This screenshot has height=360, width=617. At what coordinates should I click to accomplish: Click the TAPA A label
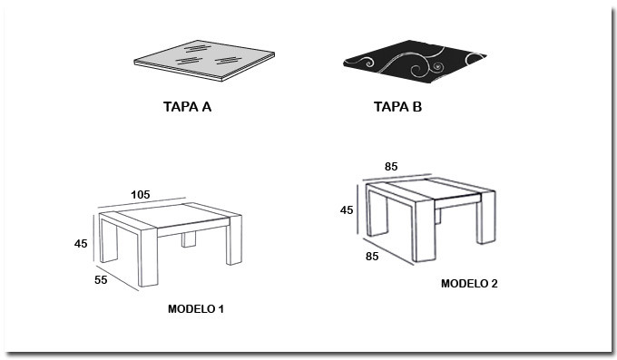tap(187, 107)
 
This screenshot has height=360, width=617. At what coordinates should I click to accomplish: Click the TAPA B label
tap(397, 107)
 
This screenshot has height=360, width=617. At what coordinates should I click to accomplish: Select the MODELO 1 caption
tap(196, 309)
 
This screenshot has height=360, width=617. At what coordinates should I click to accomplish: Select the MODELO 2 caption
tap(469, 283)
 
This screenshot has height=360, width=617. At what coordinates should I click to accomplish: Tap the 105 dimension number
tap(141, 195)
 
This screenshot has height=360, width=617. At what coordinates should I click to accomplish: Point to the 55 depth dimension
tap(101, 279)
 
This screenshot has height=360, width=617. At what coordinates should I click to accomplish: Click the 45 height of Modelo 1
tap(81, 244)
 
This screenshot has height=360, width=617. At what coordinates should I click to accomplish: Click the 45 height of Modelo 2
tap(347, 210)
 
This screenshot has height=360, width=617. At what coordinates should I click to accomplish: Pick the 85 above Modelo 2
tap(391, 167)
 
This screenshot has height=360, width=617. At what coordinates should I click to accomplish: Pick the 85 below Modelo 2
tap(372, 256)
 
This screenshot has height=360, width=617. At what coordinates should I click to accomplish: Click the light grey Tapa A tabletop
tap(204, 60)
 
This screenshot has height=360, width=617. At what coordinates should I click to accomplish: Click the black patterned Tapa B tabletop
tap(415, 61)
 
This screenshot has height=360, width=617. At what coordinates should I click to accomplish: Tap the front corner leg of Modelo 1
tap(148, 258)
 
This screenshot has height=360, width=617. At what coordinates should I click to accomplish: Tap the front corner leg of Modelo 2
tap(424, 231)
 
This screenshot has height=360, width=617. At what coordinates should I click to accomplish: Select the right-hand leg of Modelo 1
tap(234, 245)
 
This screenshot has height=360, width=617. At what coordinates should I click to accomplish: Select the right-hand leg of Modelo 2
tap(486, 218)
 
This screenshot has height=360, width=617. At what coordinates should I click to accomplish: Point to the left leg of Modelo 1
tap(108, 240)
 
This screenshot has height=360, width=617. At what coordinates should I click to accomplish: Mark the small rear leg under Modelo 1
tap(189, 239)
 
